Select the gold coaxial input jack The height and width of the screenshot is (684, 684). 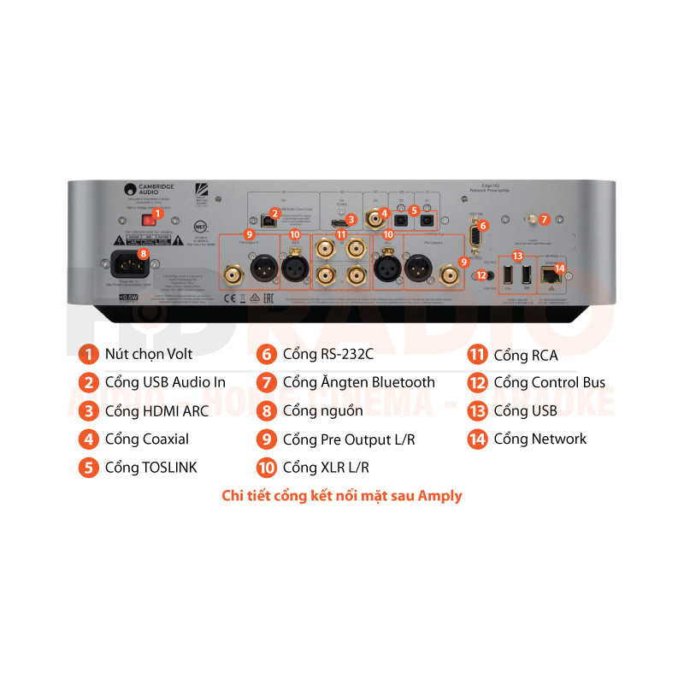(x=374, y=220)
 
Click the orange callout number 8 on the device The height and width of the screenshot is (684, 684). (x=143, y=254)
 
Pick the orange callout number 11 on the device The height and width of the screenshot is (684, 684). (x=341, y=233)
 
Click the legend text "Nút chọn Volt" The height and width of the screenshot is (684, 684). (x=148, y=354)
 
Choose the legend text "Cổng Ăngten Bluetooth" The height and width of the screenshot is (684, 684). (x=358, y=382)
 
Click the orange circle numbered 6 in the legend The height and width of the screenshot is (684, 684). (x=267, y=354)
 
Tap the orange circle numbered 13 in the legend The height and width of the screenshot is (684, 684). (x=477, y=411)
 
